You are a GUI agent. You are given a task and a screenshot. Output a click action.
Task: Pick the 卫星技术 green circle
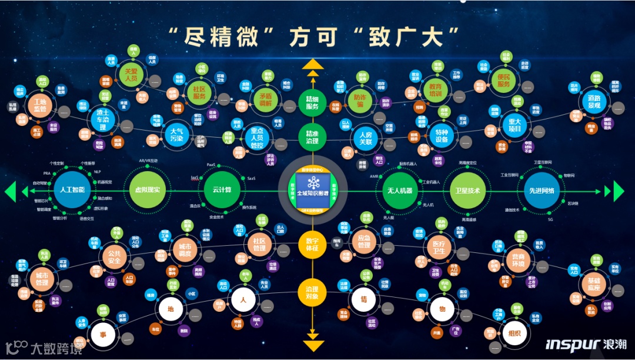[468, 191]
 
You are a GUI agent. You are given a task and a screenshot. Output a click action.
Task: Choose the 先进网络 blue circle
[540, 191]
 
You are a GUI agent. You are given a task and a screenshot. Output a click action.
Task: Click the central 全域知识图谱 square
[312, 189]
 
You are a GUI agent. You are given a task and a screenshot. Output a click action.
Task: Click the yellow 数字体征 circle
[312, 245]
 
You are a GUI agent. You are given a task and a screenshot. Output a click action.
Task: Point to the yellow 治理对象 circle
[312, 292]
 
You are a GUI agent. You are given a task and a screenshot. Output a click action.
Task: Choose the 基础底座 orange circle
[589, 284]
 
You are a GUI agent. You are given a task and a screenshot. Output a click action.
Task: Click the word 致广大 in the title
[414, 36]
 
